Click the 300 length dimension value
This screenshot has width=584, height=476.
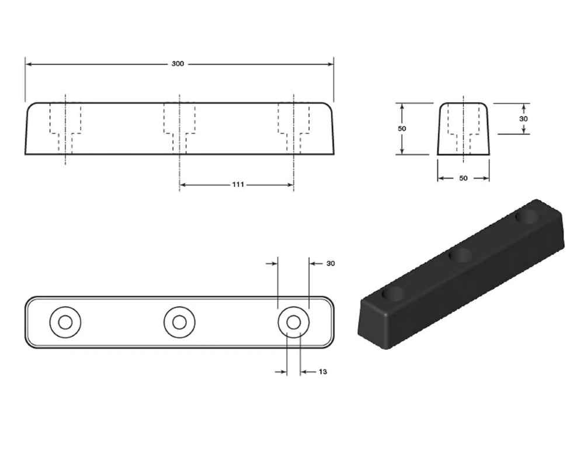[178, 64]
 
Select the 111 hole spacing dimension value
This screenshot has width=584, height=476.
[238, 185]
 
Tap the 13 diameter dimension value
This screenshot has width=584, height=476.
[322, 371]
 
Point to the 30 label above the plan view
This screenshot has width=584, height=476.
[331, 263]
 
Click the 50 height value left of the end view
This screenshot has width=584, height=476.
[402, 128]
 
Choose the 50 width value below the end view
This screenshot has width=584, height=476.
[463, 178]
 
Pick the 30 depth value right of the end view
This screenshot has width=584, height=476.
[523, 119]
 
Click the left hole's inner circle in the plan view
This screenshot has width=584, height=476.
[65, 322]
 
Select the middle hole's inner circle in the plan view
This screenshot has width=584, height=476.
[179, 322]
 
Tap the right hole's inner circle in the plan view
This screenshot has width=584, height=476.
[294, 322]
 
